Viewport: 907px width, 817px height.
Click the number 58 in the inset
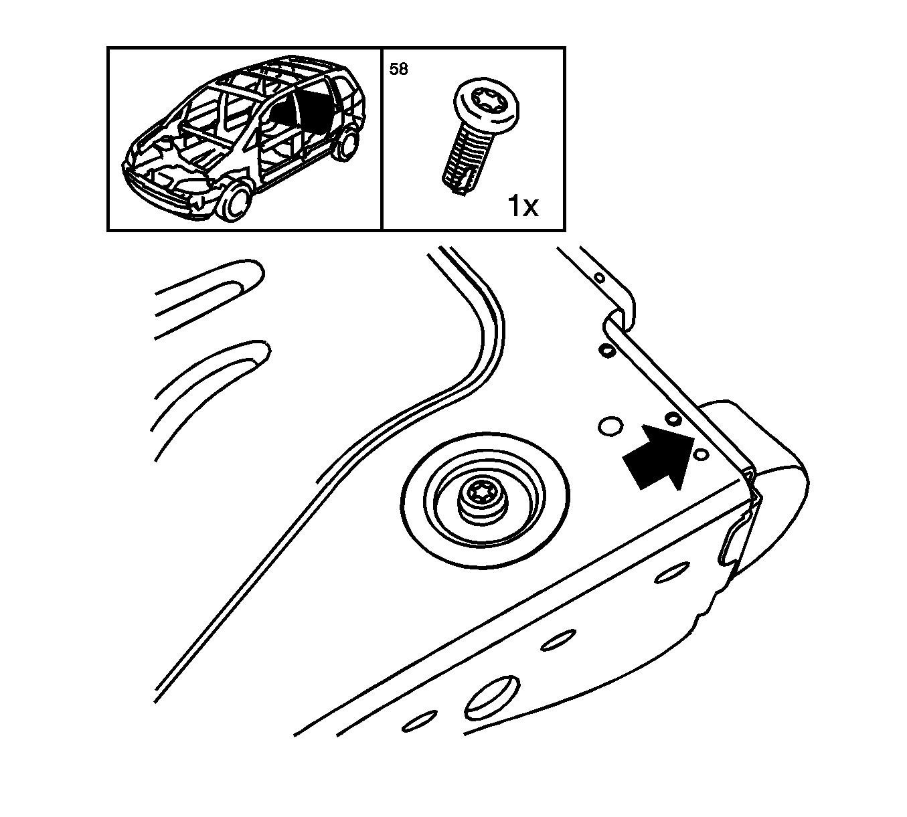[x=398, y=69]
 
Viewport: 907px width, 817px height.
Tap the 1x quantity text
[x=523, y=205]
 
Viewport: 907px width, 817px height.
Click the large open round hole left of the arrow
[x=610, y=426]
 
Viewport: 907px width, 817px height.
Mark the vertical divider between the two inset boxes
[x=382, y=139]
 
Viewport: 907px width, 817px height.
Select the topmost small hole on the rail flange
[x=600, y=277]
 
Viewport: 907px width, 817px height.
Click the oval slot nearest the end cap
[x=672, y=573]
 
